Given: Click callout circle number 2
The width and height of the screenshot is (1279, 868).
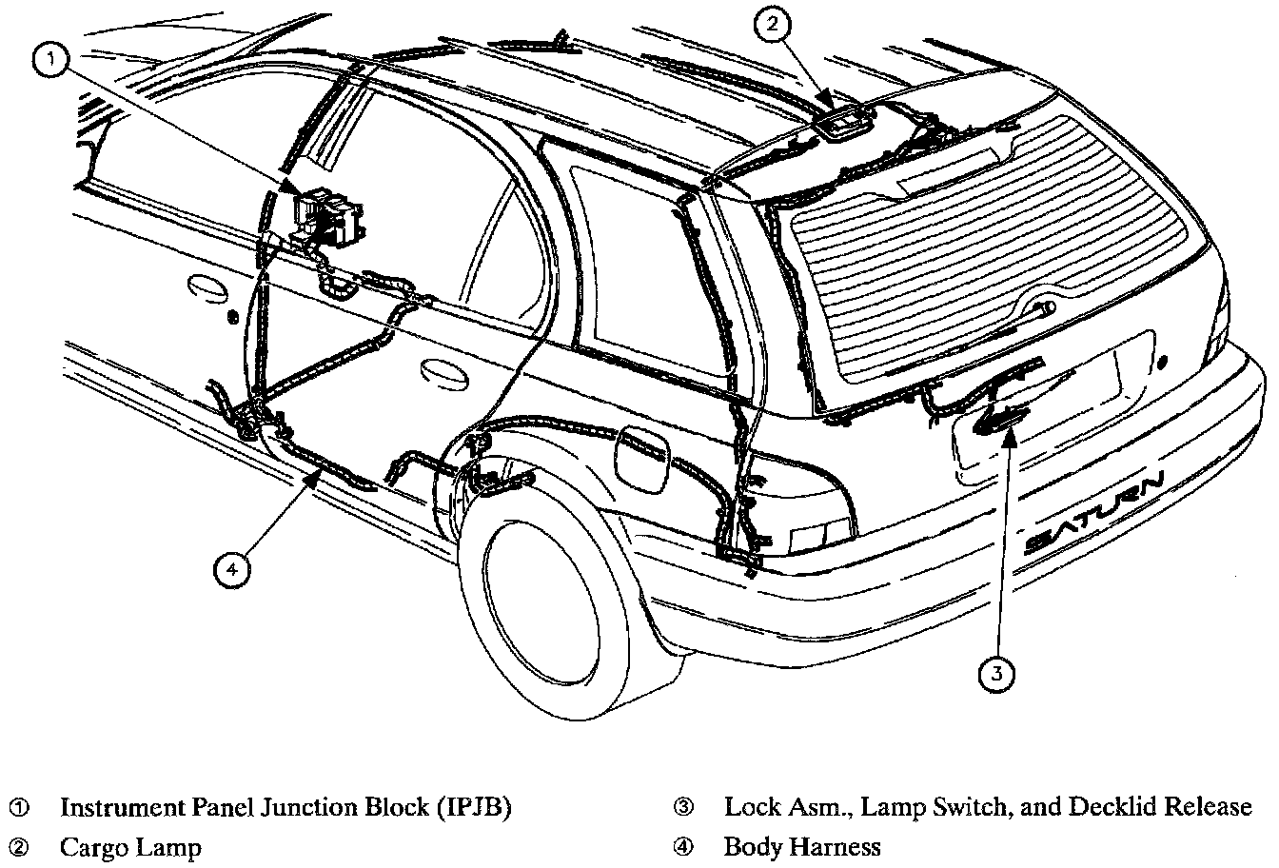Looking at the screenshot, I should point(773,27).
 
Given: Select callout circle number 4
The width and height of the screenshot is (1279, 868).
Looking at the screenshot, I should point(230,570).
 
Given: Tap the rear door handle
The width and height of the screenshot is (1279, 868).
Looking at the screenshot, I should point(443,369).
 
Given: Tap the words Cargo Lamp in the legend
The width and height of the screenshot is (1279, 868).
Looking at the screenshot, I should point(130,846).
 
